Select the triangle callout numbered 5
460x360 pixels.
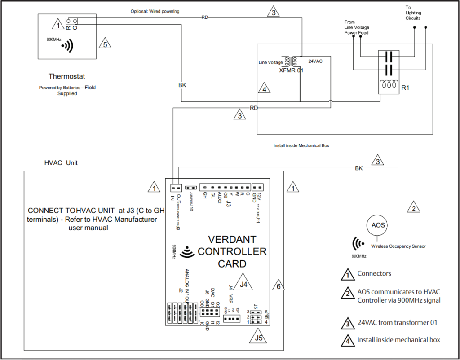click(105, 44)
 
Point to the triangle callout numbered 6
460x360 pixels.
click(279, 285)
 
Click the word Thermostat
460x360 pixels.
click(66, 77)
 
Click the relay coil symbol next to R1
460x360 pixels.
click(387, 85)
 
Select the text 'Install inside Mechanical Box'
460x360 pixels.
click(301, 146)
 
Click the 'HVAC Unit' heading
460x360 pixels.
click(61, 163)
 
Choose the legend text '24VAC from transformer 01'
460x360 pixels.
click(397, 322)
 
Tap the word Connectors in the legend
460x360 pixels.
click(374, 273)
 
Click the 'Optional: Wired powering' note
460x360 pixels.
click(155, 11)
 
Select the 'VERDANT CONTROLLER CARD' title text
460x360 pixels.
click(232, 251)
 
